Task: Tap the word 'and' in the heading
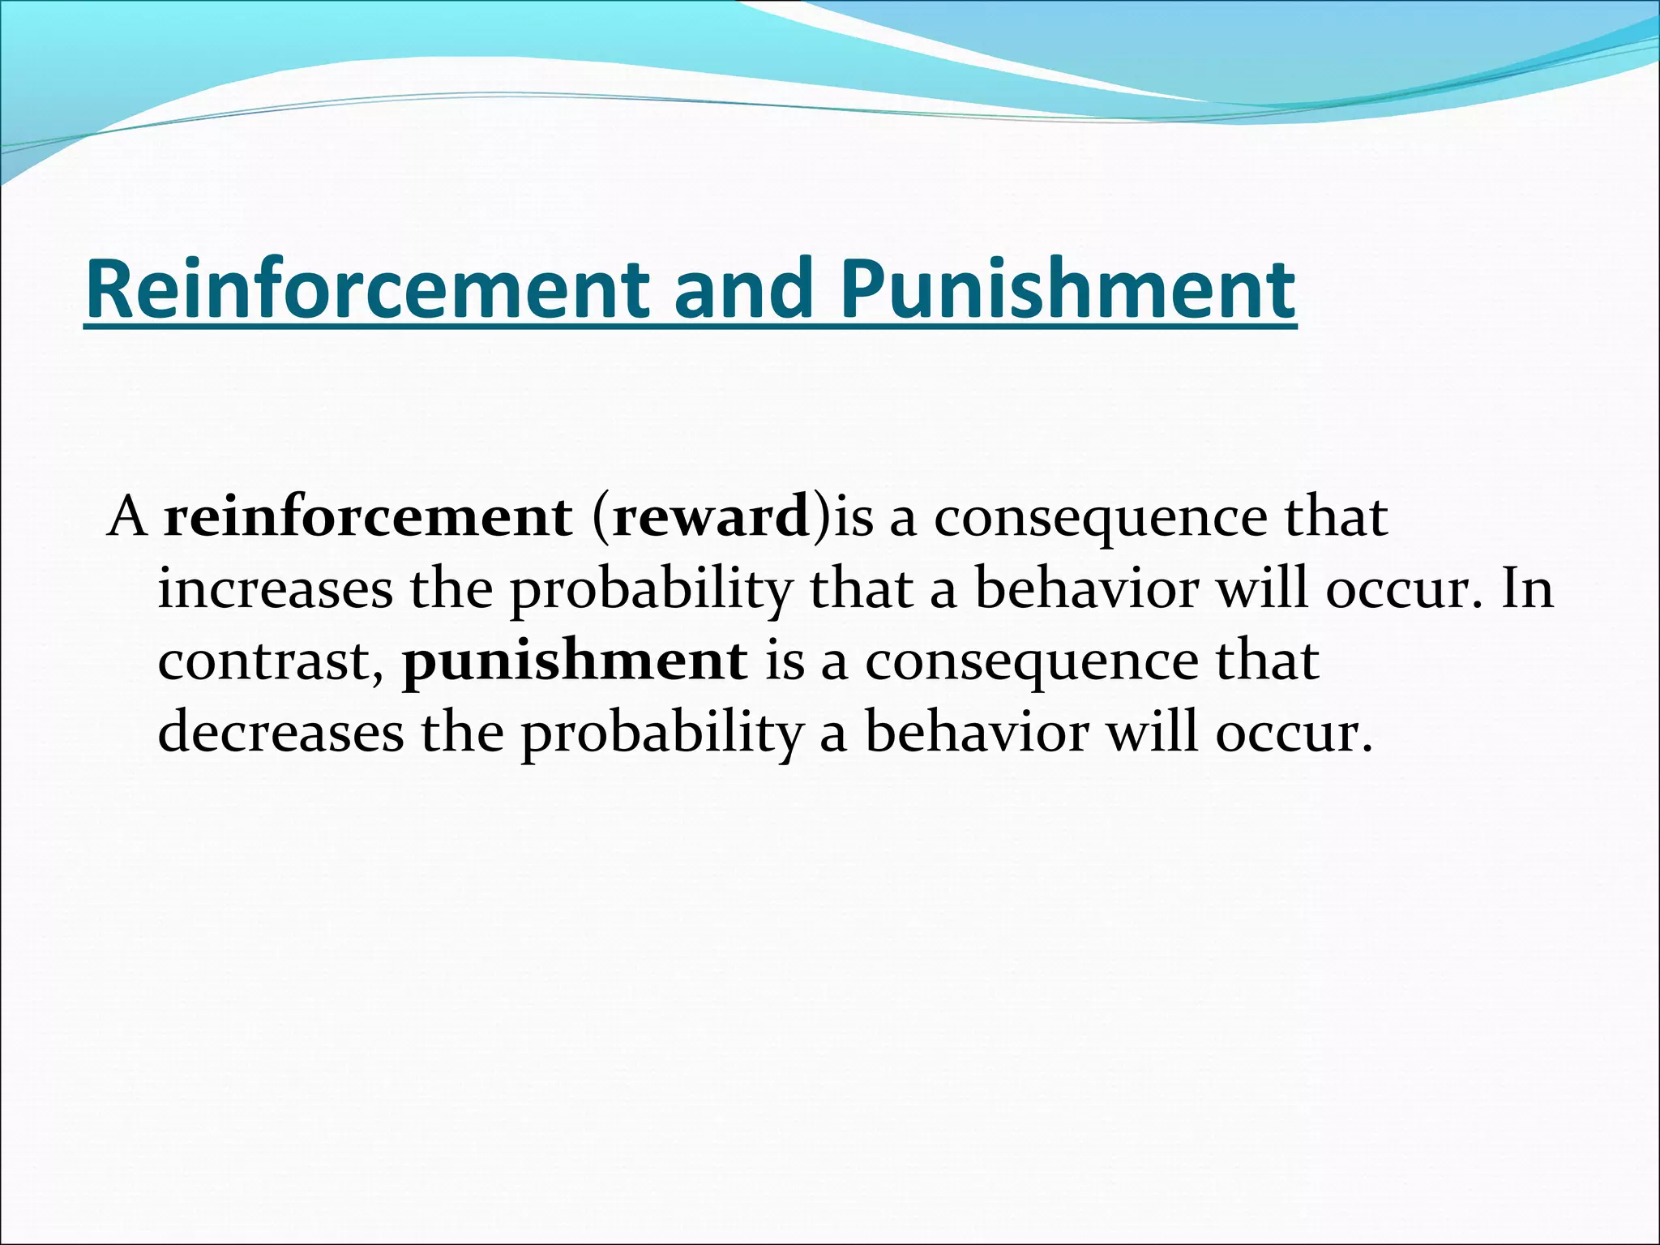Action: coord(743,289)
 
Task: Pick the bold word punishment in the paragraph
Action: coord(575,661)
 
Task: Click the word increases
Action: coord(275,589)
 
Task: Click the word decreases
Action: coord(280,733)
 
